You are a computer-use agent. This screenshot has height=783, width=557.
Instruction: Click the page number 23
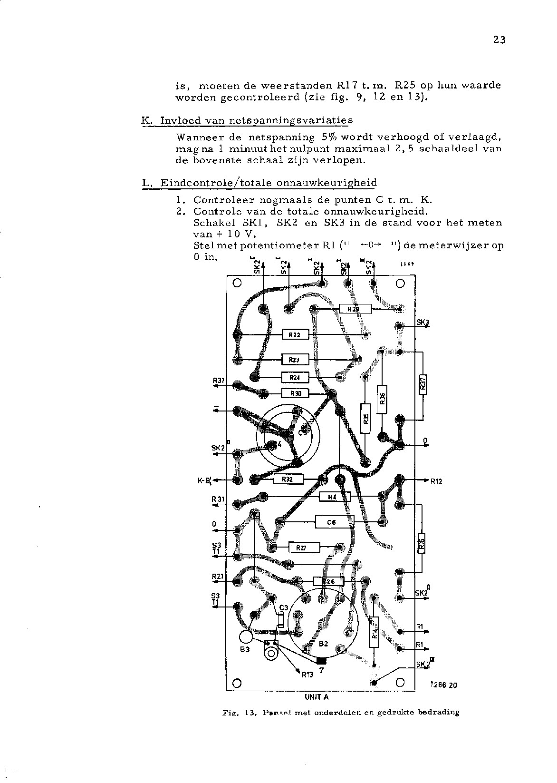click(499, 40)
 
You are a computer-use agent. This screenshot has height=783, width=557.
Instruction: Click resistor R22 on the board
click(295, 335)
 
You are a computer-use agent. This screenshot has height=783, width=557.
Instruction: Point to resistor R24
click(295, 378)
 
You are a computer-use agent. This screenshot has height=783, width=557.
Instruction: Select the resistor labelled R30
click(295, 393)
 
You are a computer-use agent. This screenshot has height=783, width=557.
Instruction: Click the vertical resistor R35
click(365, 419)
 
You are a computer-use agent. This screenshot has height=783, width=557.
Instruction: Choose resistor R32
click(288, 480)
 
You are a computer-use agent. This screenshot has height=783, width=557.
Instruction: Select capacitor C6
click(335, 522)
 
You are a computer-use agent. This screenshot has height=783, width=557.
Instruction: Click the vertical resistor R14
click(374, 632)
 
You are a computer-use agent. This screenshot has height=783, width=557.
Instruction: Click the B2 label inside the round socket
click(323, 644)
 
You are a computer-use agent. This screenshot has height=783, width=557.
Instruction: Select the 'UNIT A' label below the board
click(317, 697)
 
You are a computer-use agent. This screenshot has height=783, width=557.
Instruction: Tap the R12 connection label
click(436, 481)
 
